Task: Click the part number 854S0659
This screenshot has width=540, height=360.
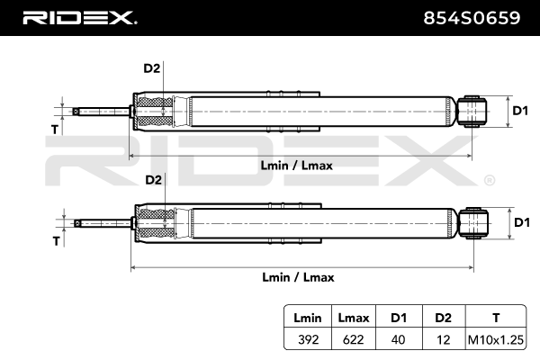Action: click(472, 18)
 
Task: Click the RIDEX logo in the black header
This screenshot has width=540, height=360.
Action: click(80, 18)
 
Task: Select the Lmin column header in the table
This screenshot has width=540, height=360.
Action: click(308, 318)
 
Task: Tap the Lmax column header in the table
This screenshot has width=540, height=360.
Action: click(354, 318)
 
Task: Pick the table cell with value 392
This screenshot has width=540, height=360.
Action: click(308, 339)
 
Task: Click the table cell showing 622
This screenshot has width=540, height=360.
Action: click(354, 339)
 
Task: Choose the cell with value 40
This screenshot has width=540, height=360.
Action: click(398, 339)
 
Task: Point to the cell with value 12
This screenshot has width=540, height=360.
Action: click(443, 339)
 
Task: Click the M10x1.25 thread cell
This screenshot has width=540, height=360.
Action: click(496, 339)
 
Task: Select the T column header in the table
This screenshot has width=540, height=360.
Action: click(496, 318)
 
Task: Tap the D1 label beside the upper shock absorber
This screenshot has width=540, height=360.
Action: click(520, 111)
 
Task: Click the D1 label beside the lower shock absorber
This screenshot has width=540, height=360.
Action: click(522, 222)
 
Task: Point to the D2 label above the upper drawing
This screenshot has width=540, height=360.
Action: click(152, 68)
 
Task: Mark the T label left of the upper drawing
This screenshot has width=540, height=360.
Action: click(55, 130)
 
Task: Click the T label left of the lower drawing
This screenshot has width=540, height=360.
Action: click(57, 241)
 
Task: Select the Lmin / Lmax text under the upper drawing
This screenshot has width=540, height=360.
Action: click(296, 166)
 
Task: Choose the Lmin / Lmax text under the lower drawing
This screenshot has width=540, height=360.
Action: click(298, 277)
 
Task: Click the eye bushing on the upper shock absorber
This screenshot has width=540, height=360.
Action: click(472, 112)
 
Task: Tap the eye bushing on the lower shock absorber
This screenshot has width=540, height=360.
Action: click(474, 223)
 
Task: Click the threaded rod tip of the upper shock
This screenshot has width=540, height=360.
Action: click(76, 112)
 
